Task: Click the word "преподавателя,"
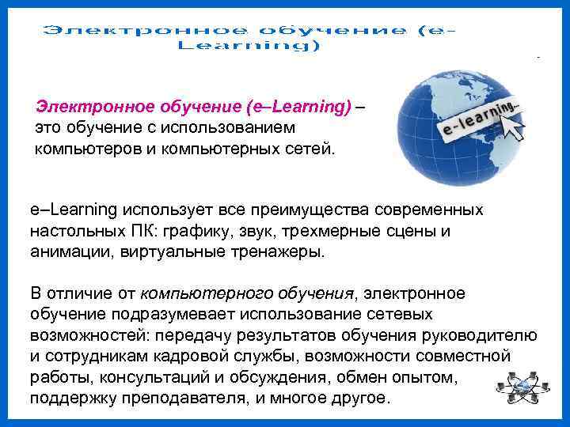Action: pos(188,398)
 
